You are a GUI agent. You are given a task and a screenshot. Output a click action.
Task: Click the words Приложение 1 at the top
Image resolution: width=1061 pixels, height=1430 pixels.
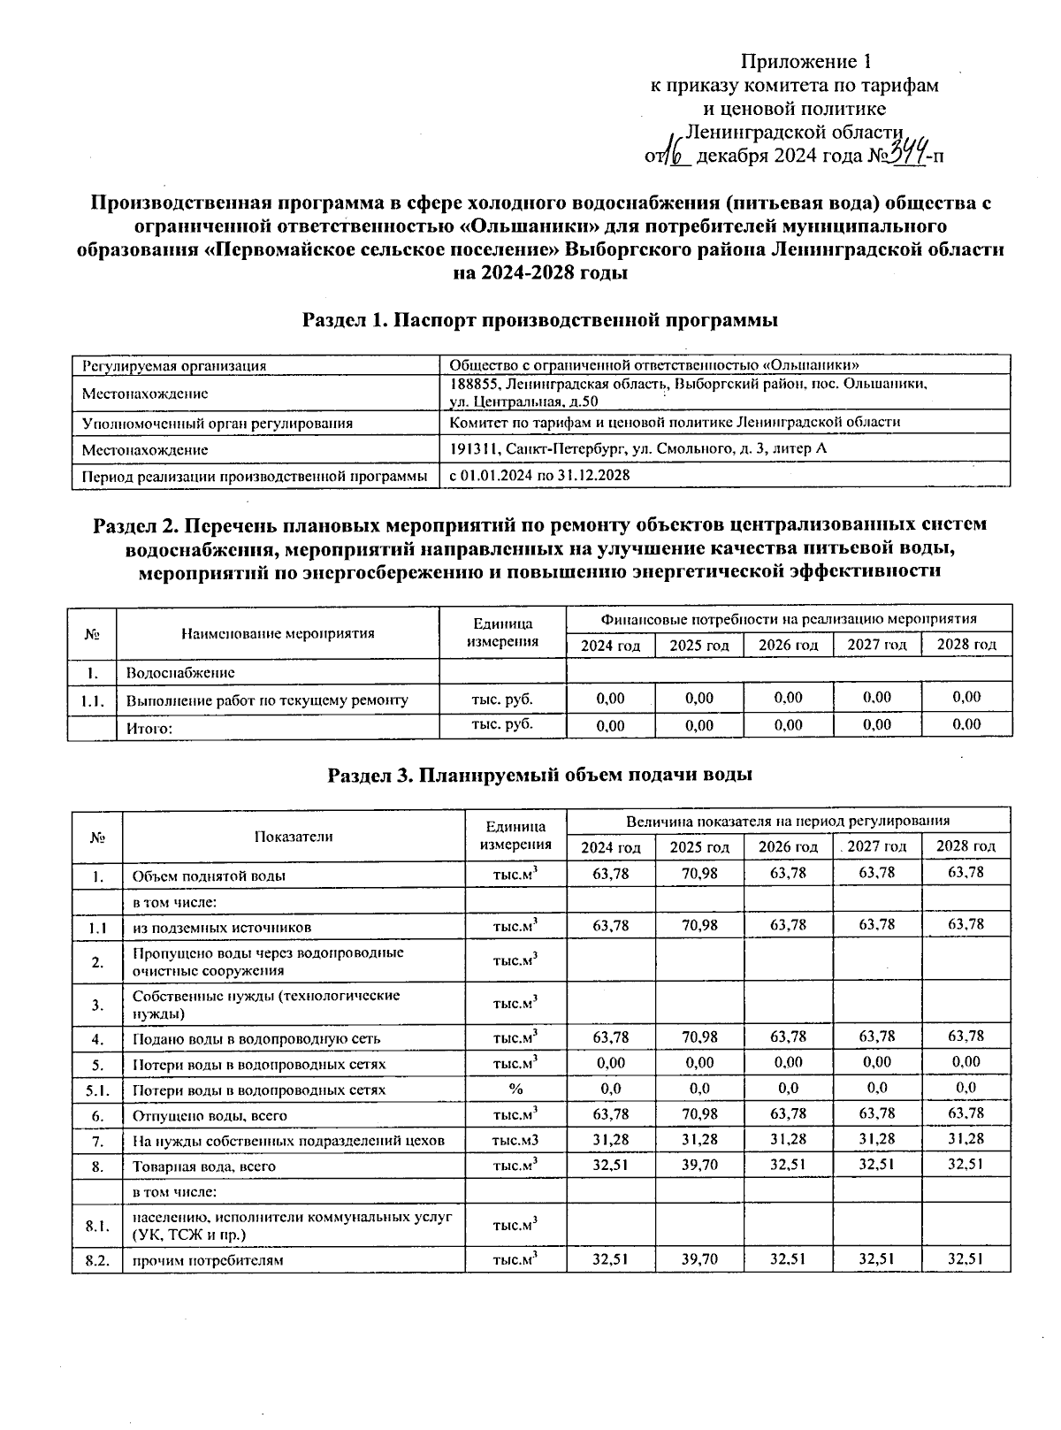(x=805, y=62)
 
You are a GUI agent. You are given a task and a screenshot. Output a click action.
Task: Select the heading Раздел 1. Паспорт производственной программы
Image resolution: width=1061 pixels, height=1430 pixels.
(x=540, y=320)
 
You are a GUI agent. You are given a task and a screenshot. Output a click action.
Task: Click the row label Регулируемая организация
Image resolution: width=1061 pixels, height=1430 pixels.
(x=174, y=365)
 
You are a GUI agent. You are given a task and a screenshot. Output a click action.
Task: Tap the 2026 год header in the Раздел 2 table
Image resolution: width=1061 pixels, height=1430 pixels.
(x=788, y=646)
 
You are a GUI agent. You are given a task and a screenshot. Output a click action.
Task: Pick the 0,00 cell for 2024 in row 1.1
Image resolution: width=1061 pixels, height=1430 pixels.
(x=610, y=698)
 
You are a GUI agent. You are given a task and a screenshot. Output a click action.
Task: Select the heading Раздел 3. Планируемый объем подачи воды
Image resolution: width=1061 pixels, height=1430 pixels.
(x=540, y=776)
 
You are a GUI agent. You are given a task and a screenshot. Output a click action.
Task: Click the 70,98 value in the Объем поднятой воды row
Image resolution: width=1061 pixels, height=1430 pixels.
(x=699, y=874)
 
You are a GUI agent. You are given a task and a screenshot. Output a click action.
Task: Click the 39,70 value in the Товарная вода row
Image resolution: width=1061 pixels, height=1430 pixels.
(x=699, y=1165)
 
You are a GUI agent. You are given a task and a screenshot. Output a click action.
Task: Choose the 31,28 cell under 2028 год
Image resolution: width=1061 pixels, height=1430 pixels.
(x=966, y=1140)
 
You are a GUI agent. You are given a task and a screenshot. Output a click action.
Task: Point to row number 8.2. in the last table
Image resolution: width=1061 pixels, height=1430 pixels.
(x=97, y=1260)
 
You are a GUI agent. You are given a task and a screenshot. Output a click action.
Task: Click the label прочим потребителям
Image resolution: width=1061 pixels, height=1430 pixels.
(x=208, y=1260)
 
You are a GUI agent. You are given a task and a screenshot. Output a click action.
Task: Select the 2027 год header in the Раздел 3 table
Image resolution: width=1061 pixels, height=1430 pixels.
(x=876, y=846)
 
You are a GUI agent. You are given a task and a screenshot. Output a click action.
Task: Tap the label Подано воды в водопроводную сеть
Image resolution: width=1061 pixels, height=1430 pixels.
(x=256, y=1039)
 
